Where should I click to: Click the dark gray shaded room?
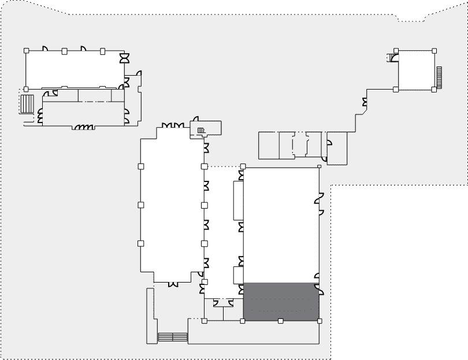(281, 301)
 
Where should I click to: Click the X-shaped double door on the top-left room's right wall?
(124, 59)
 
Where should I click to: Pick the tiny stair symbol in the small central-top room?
(200, 130)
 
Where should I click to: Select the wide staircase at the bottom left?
(173, 336)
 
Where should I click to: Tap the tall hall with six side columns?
(172, 205)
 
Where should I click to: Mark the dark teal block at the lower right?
(399, 272)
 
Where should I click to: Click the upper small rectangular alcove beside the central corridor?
(239, 201)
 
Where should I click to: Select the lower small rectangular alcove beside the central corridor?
(239, 274)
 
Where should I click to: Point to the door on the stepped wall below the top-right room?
(365, 103)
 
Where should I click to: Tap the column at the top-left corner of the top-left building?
(26, 51)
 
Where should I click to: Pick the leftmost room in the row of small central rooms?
(268, 145)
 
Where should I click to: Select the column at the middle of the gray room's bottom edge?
(280, 321)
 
